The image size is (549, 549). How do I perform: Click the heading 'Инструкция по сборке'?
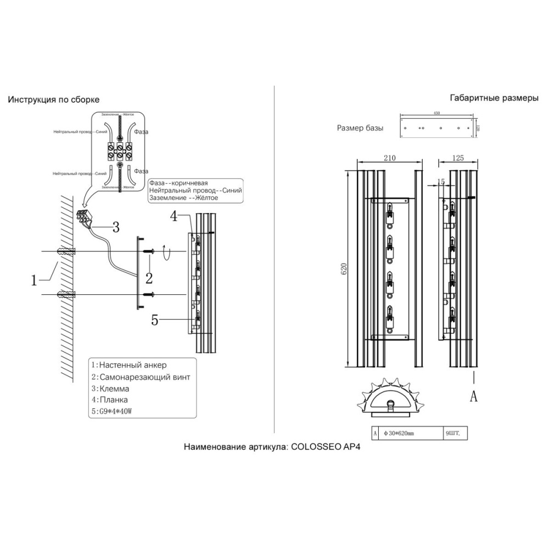coord(53,100)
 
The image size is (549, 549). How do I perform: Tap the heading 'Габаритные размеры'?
coord(494,99)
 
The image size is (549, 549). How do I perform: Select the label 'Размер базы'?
coord(360,128)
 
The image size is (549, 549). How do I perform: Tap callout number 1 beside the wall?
coord(34,281)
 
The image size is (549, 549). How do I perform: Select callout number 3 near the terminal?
coord(115,226)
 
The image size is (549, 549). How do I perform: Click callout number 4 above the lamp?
coord(173,216)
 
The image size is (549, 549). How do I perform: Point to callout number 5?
coord(155,320)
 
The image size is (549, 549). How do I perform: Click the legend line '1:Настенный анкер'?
coord(128,365)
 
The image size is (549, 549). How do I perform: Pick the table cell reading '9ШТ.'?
coord(453,433)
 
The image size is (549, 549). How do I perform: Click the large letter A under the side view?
coord(474,396)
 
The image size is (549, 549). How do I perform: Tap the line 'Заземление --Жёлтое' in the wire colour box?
coord(183,198)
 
